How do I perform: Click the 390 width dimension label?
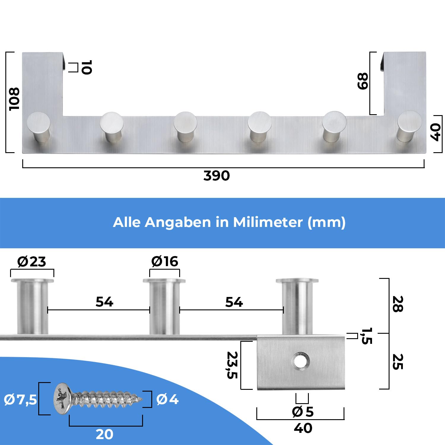point(217,176)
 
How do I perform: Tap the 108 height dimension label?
point(14,99)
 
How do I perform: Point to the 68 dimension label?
point(363,81)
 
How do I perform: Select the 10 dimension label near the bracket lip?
point(86,67)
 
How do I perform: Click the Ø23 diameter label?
point(32,261)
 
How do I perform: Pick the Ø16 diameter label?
point(165,261)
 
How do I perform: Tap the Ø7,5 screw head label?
point(20,400)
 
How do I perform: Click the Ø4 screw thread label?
point(167,399)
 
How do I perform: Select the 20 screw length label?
point(104,434)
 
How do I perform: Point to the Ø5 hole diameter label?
point(303,412)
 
